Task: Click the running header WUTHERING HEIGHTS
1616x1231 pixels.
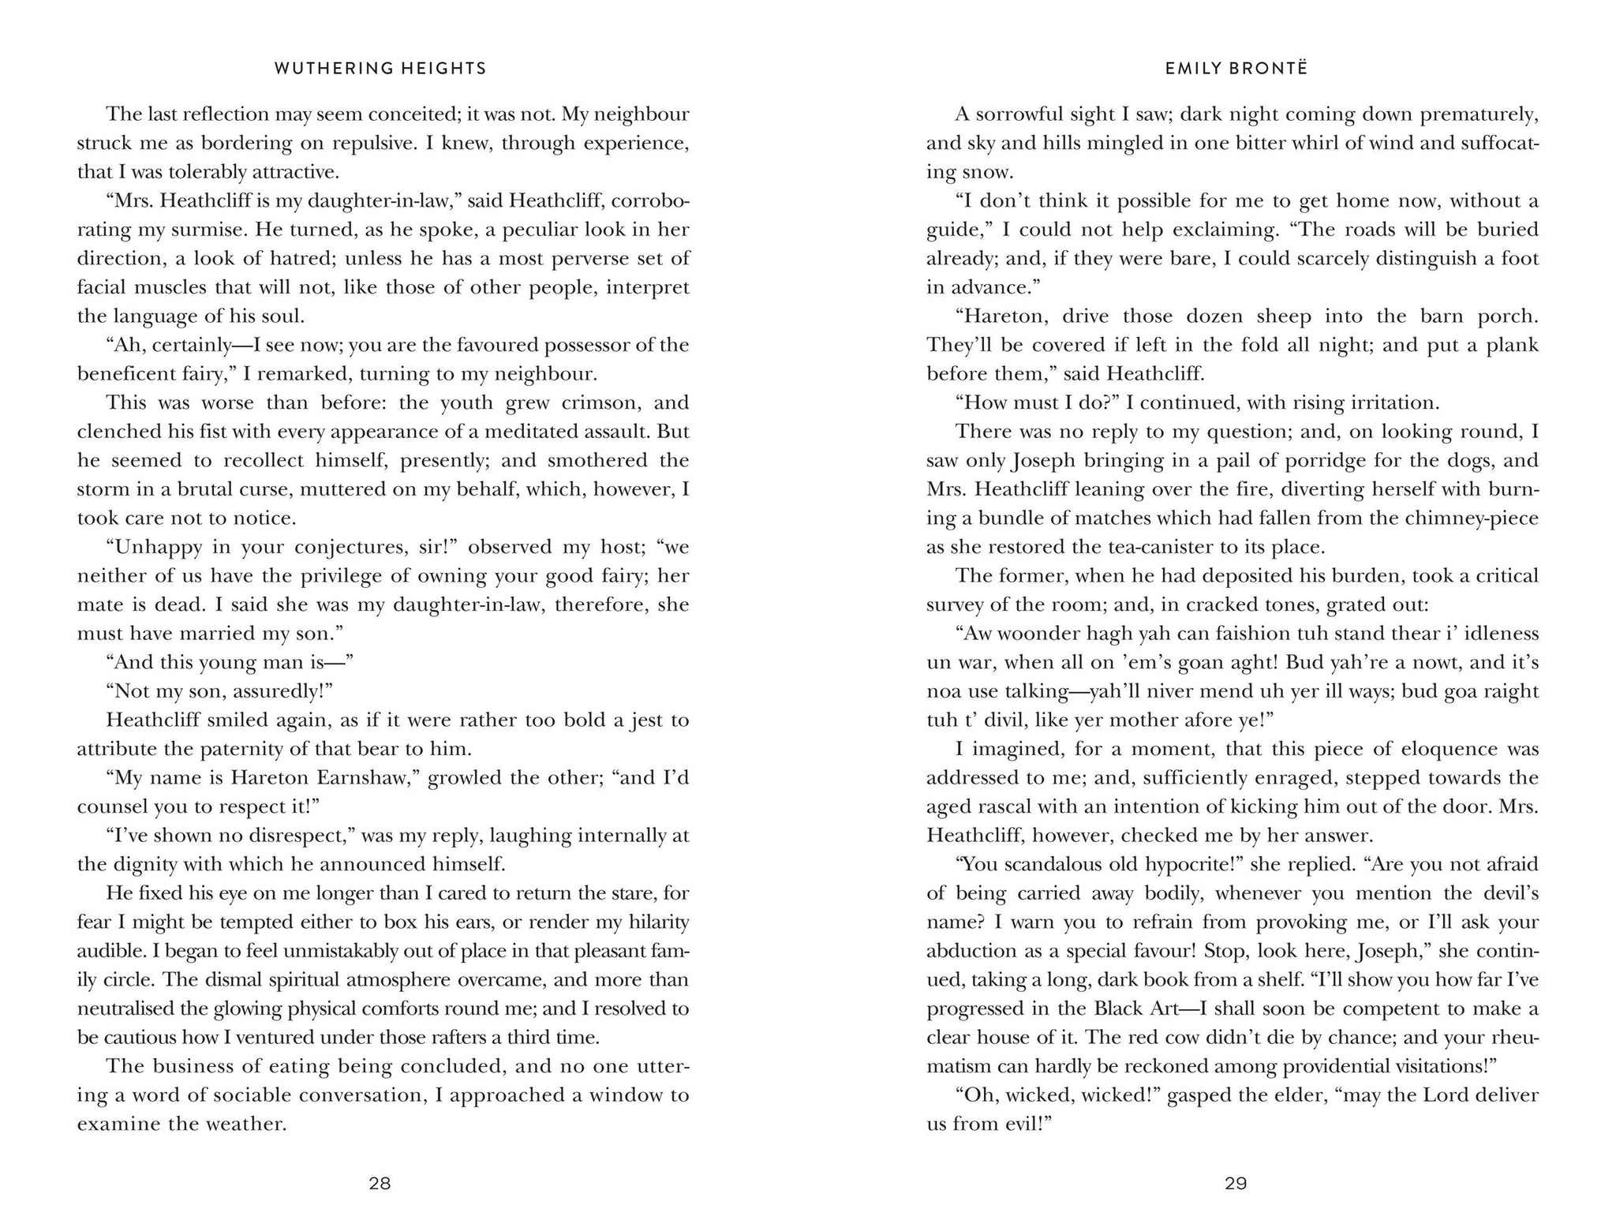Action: pos(380,69)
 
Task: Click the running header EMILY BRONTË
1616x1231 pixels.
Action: pos(1236,69)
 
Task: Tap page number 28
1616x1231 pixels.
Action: pos(380,1183)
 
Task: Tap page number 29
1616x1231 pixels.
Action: pos(1236,1183)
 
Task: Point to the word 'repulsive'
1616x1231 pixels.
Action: pos(366,144)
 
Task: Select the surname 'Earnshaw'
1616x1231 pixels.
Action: pos(364,777)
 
